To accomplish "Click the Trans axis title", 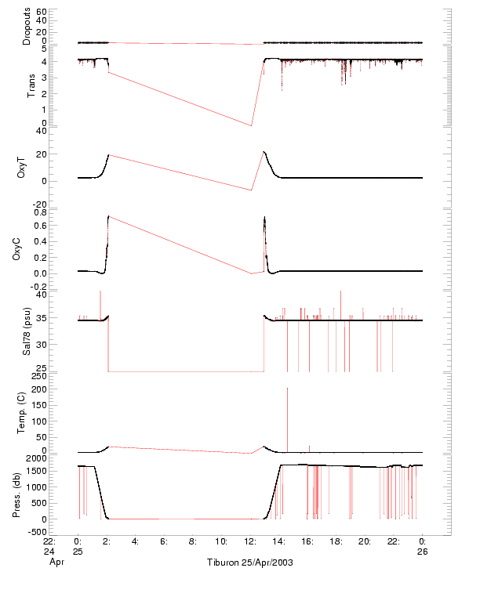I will tap(31, 84).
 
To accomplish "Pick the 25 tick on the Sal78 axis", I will tap(63, 367).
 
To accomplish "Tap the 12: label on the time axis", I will tap(250, 541).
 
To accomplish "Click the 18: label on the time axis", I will tap(336, 541).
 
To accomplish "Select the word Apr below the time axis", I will tap(55, 562).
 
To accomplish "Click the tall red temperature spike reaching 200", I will tap(288, 389).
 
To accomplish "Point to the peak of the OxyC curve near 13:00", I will tap(264, 217).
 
